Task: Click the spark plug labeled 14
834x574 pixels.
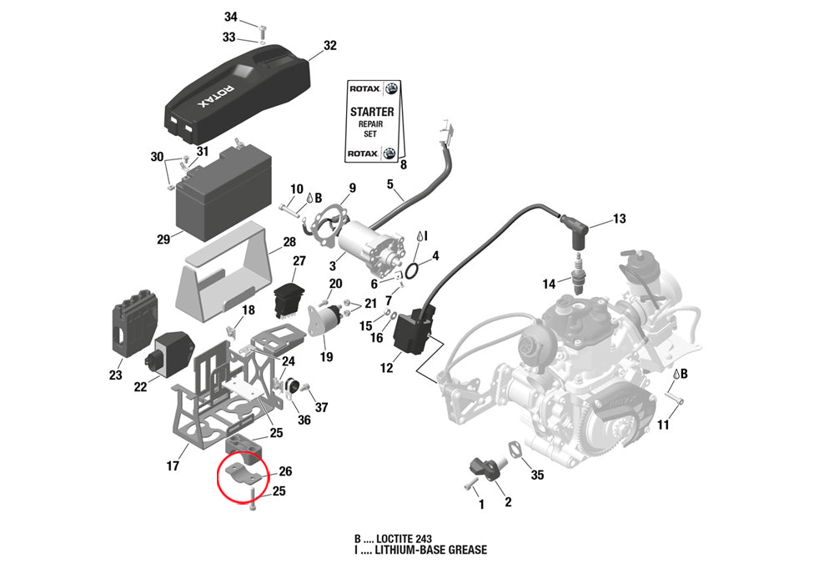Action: (x=578, y=274)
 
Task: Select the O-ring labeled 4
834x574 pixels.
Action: (x=410, y=271)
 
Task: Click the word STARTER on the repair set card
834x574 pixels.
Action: (x=372, y=112)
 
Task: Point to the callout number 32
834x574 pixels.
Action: (x=329, y=45)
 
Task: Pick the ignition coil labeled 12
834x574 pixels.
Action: (x=413, y=330)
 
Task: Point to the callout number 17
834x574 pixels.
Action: (x=173, y=466)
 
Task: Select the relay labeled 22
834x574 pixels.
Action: (x=168, y=353)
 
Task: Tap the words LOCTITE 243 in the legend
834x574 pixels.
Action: (x=404, y=539)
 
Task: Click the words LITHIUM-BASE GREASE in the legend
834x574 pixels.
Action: (x=431, y=550)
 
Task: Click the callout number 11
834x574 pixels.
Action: (x=663, y=425)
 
